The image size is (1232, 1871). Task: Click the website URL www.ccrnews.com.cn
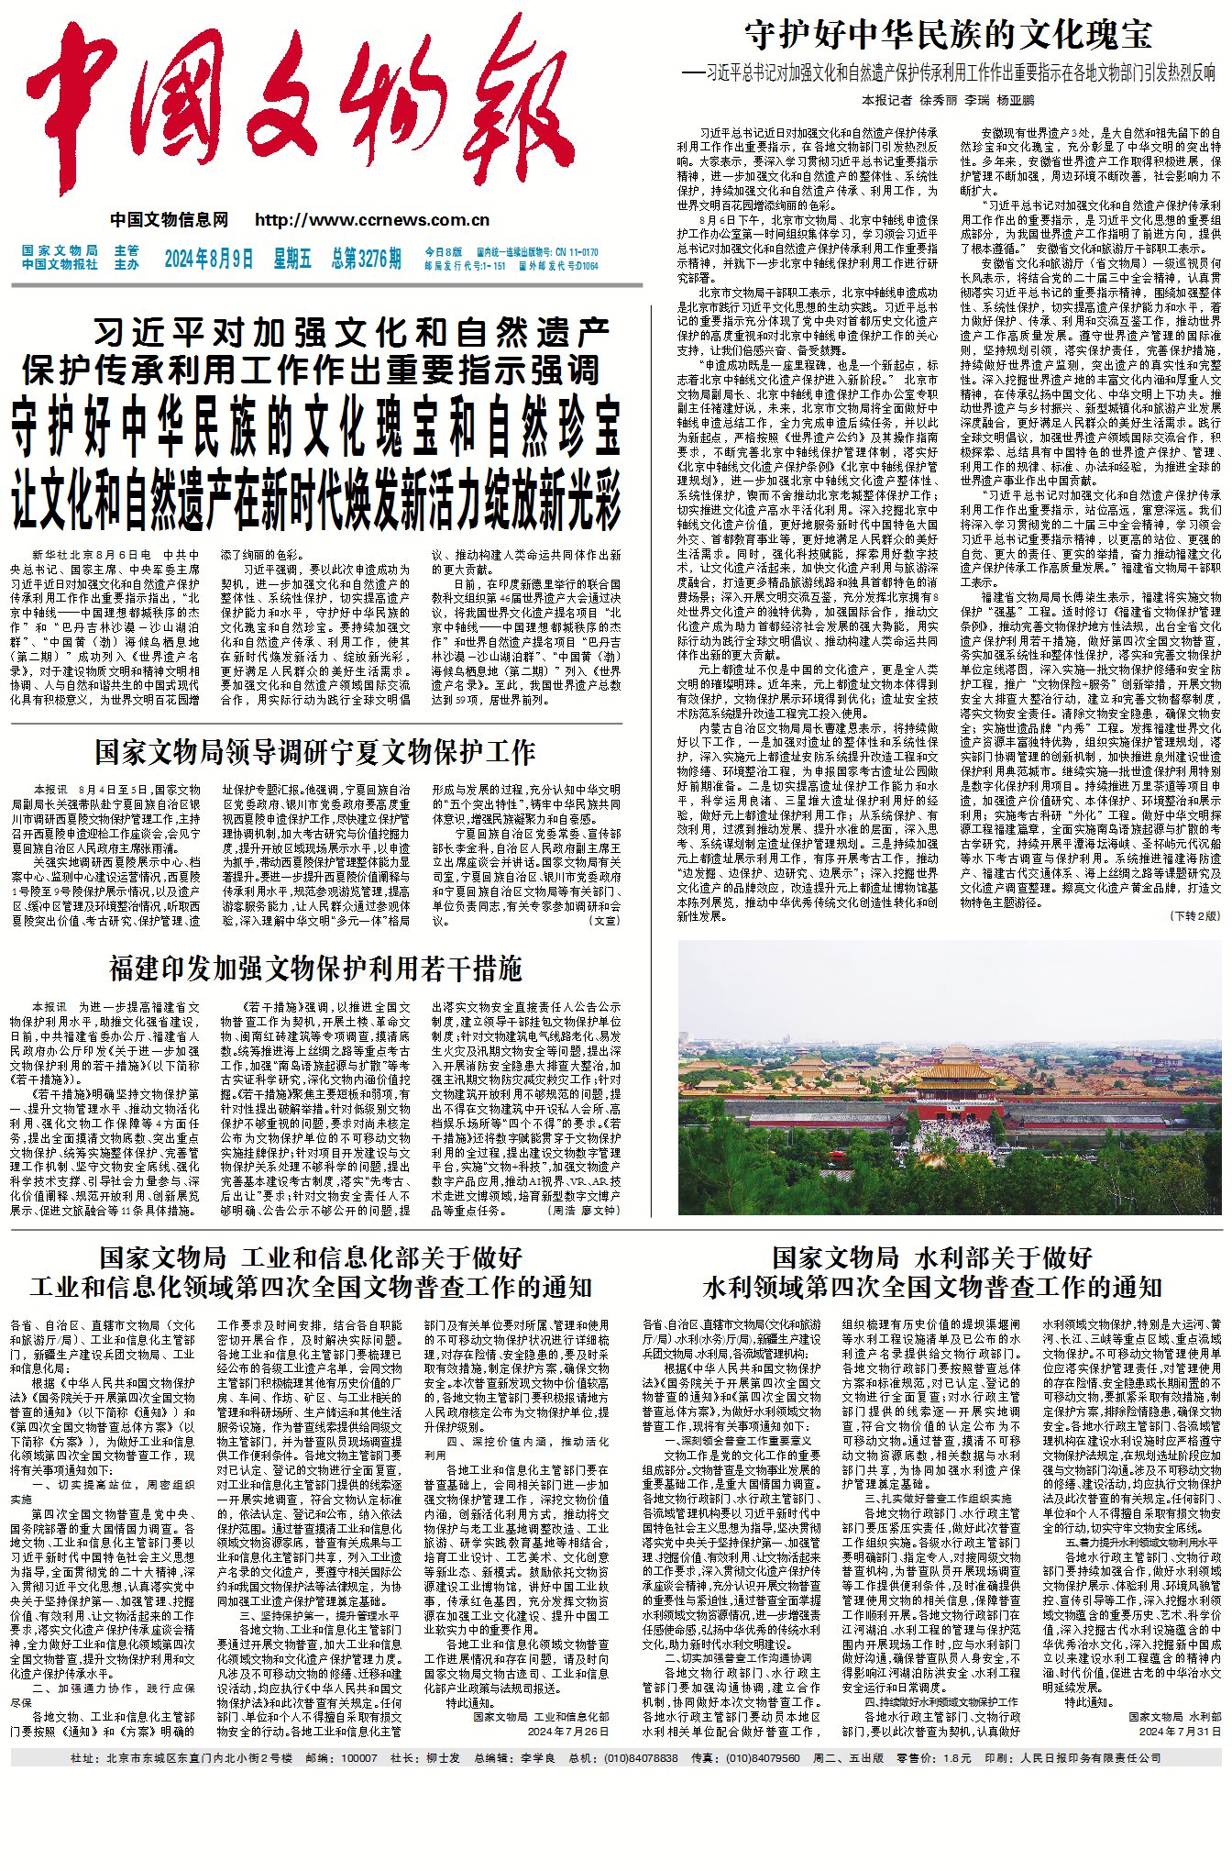tap(372, 220)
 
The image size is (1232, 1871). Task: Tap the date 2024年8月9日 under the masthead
tap(209, 259)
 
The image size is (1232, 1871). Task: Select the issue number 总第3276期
tap(366, 259)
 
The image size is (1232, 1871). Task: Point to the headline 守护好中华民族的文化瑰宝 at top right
tap(948, 35)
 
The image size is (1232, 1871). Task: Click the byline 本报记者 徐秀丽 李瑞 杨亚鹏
tap(947, 100)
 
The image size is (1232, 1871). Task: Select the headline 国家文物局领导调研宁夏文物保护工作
tap(314, 752)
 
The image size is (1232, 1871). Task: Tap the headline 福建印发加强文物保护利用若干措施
tap(314, 969)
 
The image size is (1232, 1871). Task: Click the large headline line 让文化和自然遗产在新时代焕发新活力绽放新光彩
tap(315, 499)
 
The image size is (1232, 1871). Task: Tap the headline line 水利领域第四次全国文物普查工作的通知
tap(931, 1288)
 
